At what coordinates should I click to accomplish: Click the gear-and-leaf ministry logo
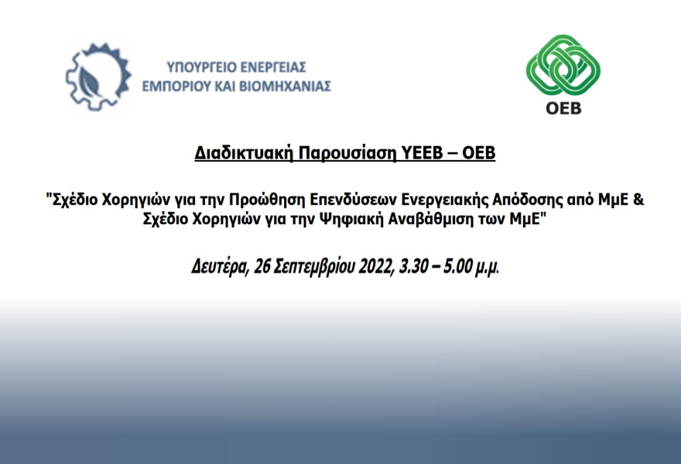coord(98,77)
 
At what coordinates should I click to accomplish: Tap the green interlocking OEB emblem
coord(563,65)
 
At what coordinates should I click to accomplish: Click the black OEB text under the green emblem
coord(563,108)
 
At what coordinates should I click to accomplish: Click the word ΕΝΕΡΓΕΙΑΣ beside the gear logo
coord(273,67)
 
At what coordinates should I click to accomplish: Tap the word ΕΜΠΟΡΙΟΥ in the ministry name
coord(176,87)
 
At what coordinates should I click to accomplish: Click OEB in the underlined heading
coord(478,153)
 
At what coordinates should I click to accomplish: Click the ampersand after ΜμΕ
coord(638,200)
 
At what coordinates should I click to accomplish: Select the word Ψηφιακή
coord(351,219)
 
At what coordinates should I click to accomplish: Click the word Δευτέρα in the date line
coord(221,266)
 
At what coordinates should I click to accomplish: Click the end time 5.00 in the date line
coord(457,266)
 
